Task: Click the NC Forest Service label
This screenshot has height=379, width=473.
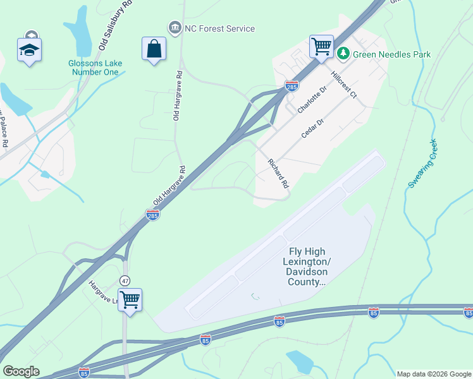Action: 219,28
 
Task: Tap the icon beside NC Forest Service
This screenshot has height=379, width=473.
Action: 174,28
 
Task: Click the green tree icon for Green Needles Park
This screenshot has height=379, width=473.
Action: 343,54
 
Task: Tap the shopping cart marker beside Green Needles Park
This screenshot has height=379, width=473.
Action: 321,47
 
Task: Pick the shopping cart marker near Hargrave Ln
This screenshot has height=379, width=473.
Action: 130,299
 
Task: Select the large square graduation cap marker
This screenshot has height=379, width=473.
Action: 28,50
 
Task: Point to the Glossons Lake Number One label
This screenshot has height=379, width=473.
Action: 95,68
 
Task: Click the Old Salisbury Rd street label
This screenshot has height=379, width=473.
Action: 115,25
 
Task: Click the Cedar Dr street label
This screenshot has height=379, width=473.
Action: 312,128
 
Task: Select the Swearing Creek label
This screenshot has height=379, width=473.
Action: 422,163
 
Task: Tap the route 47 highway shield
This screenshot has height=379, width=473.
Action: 125,280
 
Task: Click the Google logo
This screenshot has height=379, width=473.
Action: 21,371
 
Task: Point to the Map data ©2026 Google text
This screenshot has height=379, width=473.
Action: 433,374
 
